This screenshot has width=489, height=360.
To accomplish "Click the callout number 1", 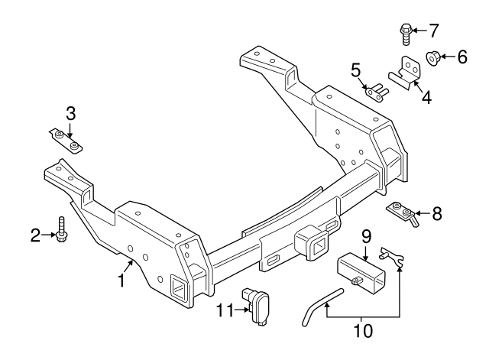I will pos(121,281).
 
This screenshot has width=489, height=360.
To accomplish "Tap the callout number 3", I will pos(70,114).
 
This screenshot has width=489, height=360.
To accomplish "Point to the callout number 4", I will pos(426,97).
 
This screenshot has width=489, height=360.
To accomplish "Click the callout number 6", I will pos(461,56).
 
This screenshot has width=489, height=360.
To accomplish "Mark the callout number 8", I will pos(436,213).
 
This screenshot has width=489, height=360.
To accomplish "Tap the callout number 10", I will pos(363,330).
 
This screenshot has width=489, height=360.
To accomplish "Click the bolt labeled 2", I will pos(61,229).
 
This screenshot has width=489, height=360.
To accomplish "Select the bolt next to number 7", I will pos(406,33).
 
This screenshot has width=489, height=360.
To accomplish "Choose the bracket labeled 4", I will pos(406,71).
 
